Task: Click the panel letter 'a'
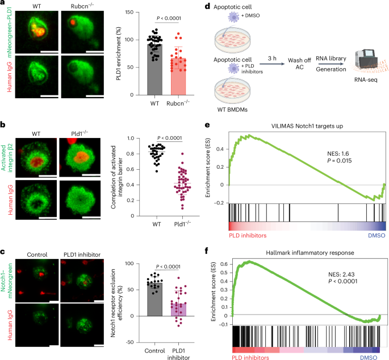[x=3, y=5]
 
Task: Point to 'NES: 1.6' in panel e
[x=332, y=147]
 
